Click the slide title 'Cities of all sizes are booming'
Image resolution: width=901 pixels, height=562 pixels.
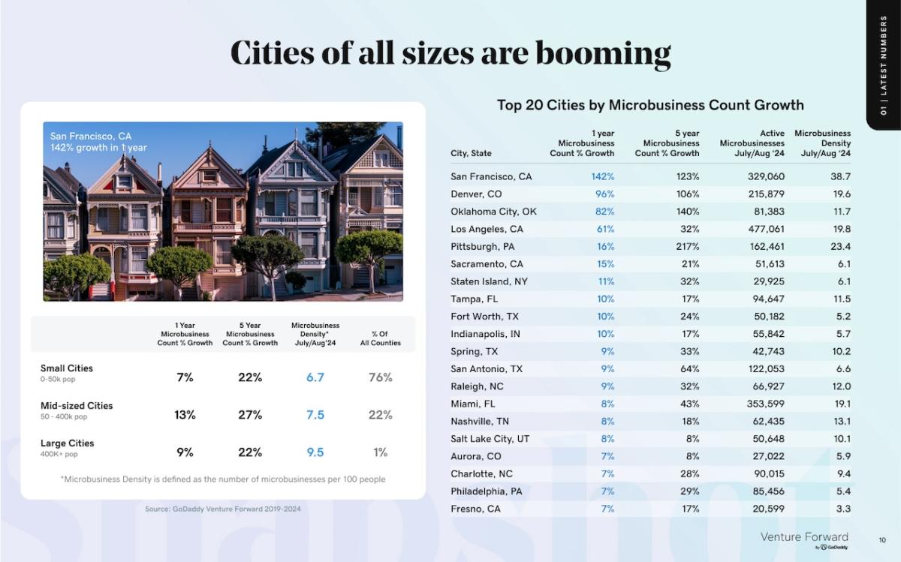tap(450, 53)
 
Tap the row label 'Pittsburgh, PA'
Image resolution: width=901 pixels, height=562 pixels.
tap(483, 246)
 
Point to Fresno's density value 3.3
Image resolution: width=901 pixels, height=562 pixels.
tap(842, 509)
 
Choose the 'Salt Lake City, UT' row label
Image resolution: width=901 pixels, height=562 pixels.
tap(490, 439)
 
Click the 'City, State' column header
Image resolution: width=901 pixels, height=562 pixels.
tap(471, 153)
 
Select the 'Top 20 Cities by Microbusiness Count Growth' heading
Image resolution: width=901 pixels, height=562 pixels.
tap(650, 105)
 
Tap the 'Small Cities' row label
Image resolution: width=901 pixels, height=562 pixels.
tap(67, 368)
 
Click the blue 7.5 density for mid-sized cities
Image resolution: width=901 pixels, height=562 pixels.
tap(315, 415)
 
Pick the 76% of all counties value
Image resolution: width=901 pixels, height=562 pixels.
tap(381, 377)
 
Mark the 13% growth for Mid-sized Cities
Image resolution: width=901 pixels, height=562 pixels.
tap(185, 415)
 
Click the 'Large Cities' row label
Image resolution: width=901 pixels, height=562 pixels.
tap(67, 443)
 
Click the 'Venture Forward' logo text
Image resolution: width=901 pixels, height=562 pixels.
tap(804, 536)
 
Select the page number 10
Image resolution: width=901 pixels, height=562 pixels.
tap(882, 539)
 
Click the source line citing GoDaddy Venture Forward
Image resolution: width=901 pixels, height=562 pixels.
tap(223, 509)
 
